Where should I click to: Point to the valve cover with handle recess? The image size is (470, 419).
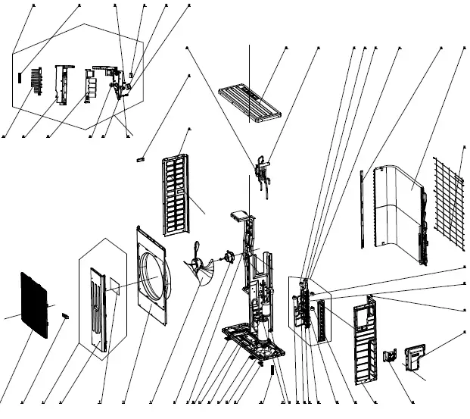click(x=417, y=357)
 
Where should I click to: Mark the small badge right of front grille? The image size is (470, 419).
click(x=64, y=312)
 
